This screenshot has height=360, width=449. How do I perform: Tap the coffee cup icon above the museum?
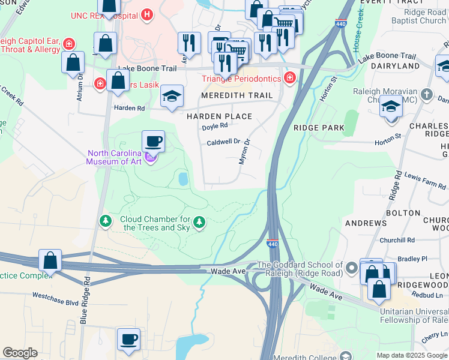[153, 142]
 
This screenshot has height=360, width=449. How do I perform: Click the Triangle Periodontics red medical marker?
[290, 78]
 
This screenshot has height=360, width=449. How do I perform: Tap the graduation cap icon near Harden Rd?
[172, 96]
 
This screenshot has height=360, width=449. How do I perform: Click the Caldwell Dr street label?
[223, 143]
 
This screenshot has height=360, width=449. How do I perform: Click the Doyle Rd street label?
[215, 126]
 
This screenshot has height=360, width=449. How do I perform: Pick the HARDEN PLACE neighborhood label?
[218, 116]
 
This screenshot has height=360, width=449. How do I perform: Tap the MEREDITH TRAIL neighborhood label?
[237, 95]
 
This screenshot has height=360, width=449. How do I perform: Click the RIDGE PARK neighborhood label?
[319, 128]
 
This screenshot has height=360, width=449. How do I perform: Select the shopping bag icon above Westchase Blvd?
[50, 261]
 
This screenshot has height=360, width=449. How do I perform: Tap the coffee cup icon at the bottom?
[129, 340]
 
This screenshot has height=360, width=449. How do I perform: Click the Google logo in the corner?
[20, 353]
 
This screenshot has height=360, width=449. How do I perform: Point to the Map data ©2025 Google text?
[412, 355]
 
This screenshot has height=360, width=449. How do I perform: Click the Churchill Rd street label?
[398, 240]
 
